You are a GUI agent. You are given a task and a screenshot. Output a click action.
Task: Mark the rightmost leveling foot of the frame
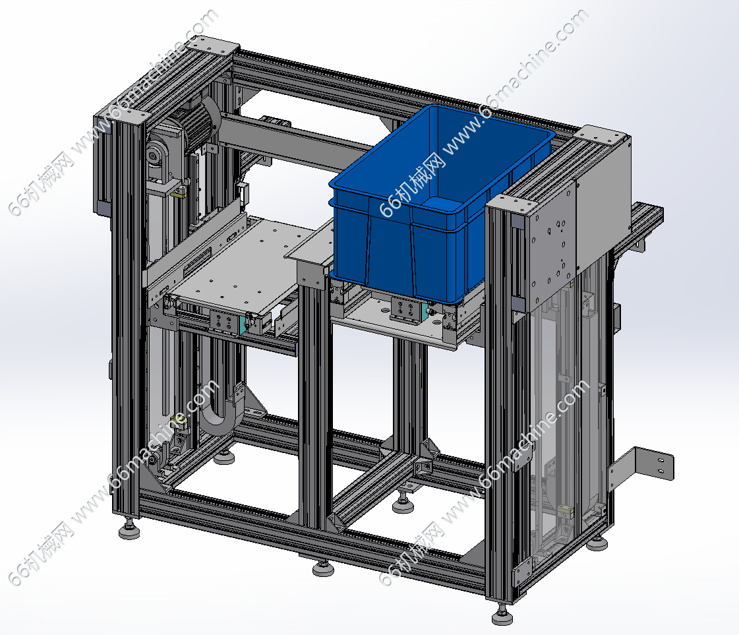(x=597, y=541)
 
